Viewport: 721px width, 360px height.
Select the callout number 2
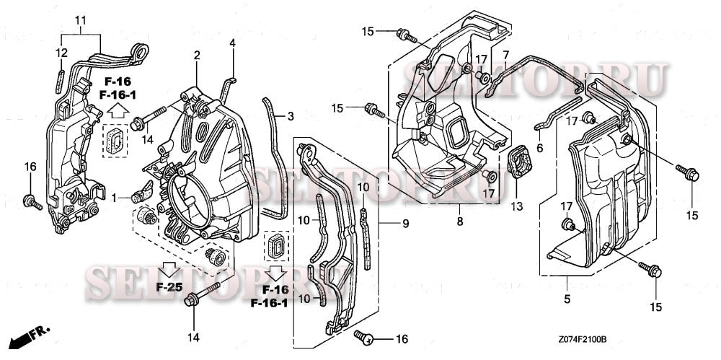point(196,56)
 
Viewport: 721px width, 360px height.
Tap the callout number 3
point(291,115)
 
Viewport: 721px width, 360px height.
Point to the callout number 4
point(232,44)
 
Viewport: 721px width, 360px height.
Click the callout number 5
point(567,299)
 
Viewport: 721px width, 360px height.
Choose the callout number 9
point(405,224)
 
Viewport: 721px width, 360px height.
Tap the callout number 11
point(80,18)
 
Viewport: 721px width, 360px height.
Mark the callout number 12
point(62,52)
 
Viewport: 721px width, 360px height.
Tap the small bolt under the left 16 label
point(30,200)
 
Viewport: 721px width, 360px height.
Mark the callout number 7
point(505,55)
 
